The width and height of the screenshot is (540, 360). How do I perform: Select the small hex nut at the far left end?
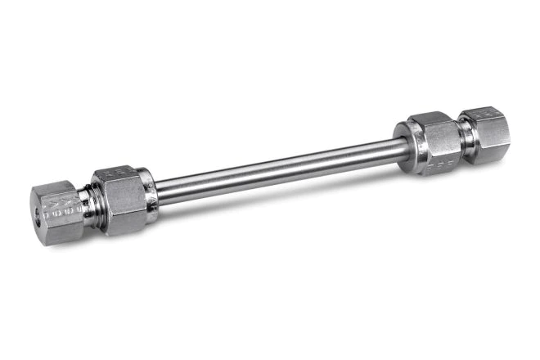pos(57,214)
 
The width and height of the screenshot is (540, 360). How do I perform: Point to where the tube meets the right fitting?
pos(403,146)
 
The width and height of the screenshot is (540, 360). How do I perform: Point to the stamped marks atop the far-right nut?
pos(483,113)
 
